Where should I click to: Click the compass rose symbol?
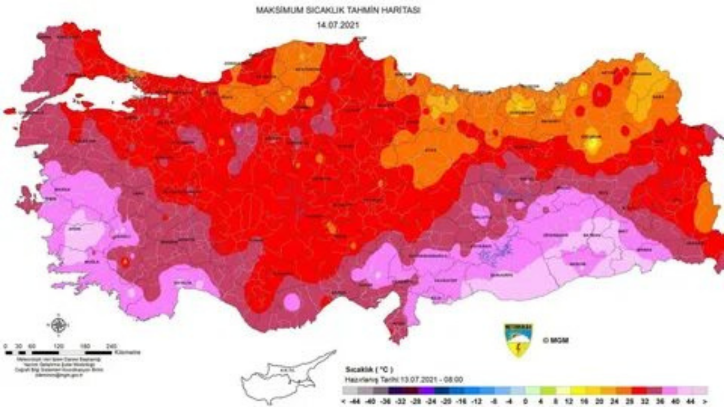click(x=59, y=325)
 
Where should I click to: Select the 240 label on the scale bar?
click(x=111, y=345)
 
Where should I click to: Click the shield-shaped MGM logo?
click(x=518, y=340)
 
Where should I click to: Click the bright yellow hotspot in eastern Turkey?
click(x=592, y=145)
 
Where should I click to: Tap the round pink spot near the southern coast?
click(x=292, y=302)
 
